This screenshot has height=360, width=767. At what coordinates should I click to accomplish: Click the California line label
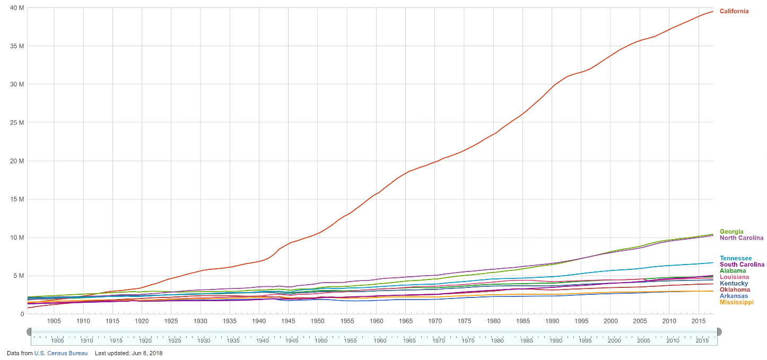(x=734, y=11)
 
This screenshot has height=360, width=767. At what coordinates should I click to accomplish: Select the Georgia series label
(x=731, y=232)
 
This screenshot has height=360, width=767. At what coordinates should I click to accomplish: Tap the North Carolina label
(x=741, y=238)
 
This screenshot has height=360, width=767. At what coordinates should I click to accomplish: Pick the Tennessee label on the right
(x=735, y=258)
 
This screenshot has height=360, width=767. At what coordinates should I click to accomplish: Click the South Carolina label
(x=742, y=265)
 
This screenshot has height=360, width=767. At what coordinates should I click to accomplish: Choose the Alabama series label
(x=733, y=271)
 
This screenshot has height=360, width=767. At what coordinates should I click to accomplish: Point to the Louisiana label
(x=734, y=277)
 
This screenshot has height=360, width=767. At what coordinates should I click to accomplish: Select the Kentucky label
(x=734, y=284)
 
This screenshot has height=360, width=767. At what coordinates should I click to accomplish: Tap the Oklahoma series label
(x=735, y=289)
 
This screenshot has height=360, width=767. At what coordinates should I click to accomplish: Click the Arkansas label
(x=734, y=296)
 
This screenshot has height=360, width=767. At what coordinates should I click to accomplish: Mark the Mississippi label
(x=736, y=302)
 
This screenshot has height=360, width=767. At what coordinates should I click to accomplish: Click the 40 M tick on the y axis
(x=17, y=8)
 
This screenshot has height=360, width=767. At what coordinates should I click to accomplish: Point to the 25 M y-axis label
(x=17, y=123)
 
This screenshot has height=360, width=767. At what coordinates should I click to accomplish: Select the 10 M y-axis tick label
(x=17, y=238)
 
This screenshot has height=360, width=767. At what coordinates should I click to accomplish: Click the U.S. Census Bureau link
(x=60, y=353)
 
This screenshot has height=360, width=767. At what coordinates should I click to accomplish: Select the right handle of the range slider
(x=719, y=331)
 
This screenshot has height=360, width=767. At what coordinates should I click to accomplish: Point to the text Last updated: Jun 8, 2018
(x=128, y=353)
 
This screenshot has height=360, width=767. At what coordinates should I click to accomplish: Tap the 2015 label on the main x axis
(x=698, y=321)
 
